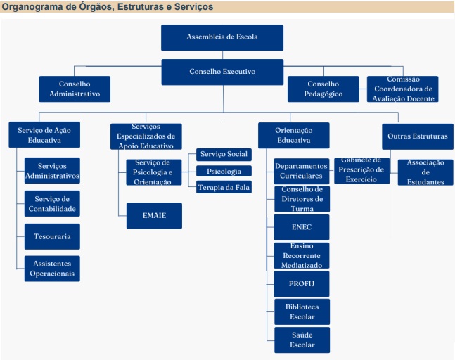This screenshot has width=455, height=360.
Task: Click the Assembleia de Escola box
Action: click(x=222, y=37)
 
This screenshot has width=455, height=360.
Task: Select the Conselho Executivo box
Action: click(x=222, y=72)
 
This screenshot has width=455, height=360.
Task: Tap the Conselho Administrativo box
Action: click(x=75, y=89)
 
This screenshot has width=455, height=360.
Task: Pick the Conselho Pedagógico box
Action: click(x=323, y=89)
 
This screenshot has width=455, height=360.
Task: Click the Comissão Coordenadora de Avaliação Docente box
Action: click(x=403, y=89)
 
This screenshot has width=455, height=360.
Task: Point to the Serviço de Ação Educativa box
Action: click(x=44, y=134)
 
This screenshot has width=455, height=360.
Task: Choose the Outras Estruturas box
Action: click(x=418, y=136)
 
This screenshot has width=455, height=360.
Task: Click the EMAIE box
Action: click(x=155, y=216)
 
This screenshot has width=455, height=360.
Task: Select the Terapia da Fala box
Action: click(x=224, y=187)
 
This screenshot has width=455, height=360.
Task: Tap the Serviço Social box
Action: click(x=224, y=154)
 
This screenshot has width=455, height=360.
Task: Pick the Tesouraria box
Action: click(x=52, y=236)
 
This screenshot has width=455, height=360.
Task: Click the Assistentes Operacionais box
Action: click(x=52, y=269)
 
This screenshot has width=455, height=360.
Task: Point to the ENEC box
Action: click(x=302, y=227)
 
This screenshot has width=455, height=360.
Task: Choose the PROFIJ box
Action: click(x=302, y=283)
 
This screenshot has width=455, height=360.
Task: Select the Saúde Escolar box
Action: click(x=302, y=340)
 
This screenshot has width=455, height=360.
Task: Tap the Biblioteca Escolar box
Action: click(x=302, y=311)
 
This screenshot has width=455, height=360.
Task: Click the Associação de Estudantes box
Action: click(x=425, y=172)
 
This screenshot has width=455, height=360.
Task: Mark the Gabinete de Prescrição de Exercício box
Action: click(x=362, y=171)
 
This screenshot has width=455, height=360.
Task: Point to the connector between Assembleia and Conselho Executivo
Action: click(x=222, y=55)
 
